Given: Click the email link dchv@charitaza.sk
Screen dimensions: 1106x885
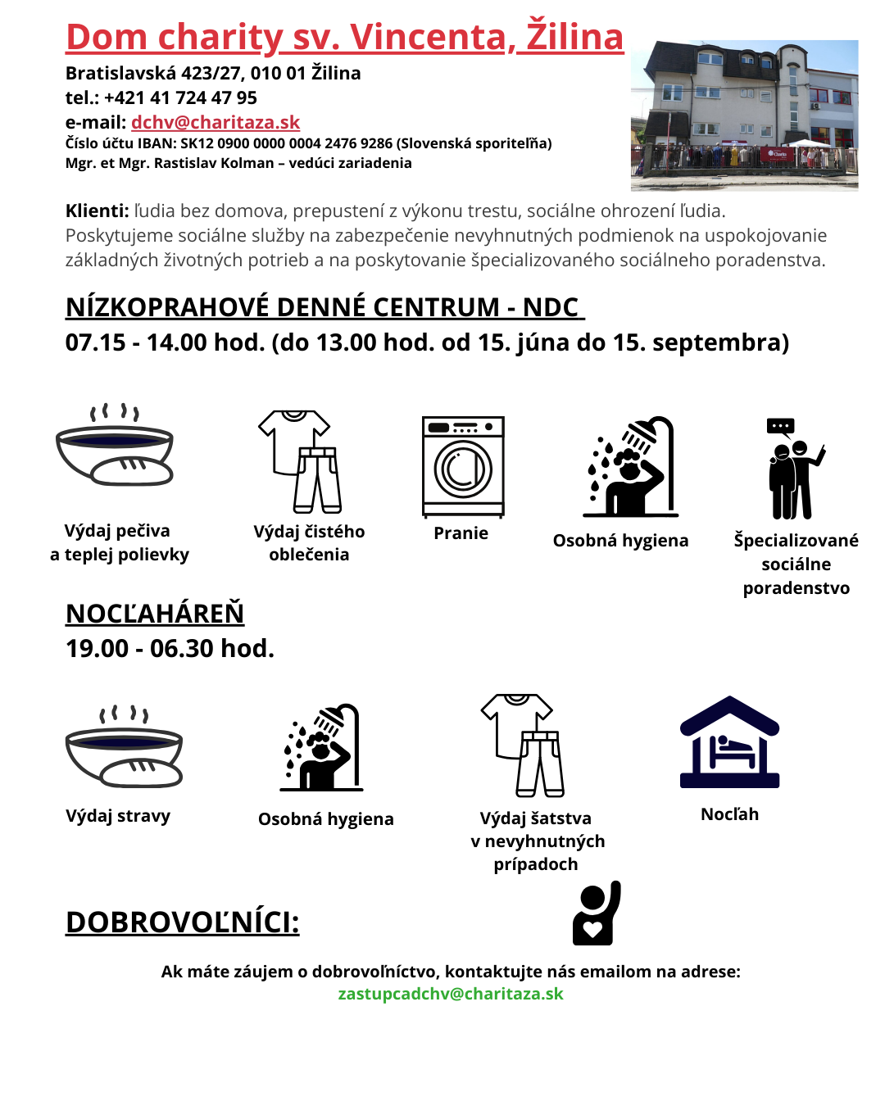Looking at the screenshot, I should [216, 123].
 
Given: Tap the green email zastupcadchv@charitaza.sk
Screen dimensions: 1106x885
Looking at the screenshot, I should [451, 994].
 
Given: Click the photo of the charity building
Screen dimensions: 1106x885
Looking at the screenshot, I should [744, 115].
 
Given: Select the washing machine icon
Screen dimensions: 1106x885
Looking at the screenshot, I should [463, 466].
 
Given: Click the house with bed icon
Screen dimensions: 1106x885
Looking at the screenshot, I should [729, 742].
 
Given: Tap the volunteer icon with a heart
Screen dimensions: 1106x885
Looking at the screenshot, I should [596, 913].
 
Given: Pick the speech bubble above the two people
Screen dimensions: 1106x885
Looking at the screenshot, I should [780, 426].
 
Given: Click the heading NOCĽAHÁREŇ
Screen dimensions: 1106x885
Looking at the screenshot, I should [155, 614].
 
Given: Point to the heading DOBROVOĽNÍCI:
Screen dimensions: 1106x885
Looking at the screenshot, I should [182, 922].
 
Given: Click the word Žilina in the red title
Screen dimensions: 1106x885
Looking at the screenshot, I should [574, 37].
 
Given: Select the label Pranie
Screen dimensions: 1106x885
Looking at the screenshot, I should [461, 533].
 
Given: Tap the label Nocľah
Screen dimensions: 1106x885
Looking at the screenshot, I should [729, 814].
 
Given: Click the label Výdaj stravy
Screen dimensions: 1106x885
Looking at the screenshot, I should [118, 816].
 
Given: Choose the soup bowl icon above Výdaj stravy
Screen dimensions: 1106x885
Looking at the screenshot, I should [124, 747].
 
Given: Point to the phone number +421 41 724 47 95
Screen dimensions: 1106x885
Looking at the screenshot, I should [180, 98].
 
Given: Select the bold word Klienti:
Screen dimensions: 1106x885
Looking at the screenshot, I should [97, 211].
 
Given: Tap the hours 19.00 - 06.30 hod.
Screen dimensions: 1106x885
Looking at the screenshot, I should [170, 649].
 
